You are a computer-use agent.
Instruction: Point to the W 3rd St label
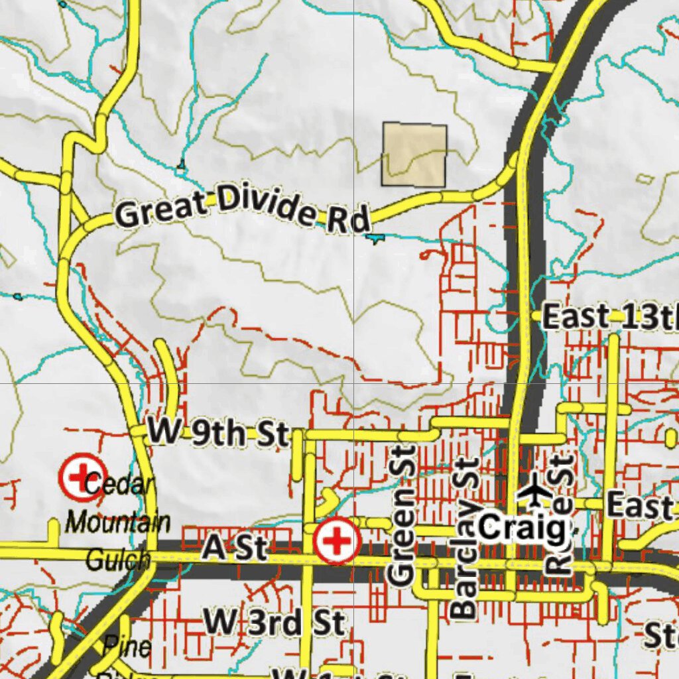[273, 623]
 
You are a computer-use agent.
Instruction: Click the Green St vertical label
[401, 516]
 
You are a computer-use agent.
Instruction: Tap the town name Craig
[523, 528]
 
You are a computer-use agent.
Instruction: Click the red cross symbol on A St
[338, 541]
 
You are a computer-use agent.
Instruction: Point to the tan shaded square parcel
[414, 154]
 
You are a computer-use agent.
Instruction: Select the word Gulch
[117, 561]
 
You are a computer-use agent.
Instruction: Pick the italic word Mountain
[118, 523]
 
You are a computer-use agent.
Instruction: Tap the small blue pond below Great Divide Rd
[375, 237]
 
